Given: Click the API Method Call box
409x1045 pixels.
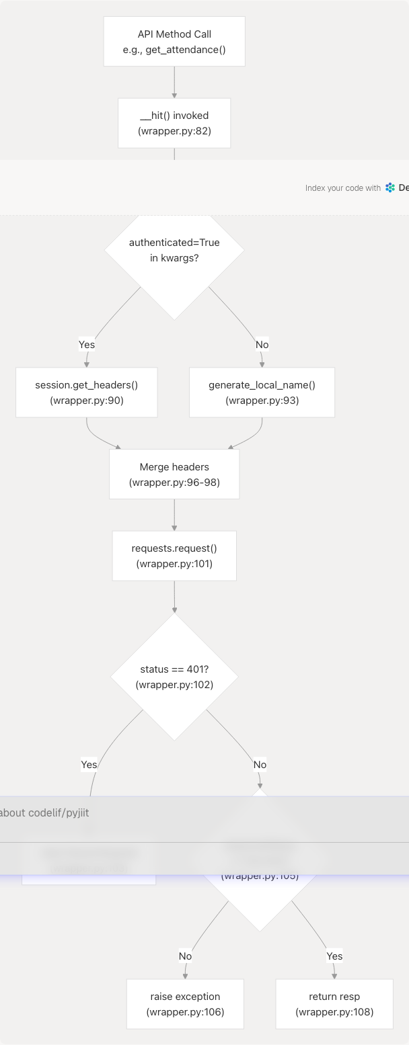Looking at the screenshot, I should point(174,42).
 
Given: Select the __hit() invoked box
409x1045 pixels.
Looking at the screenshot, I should point(174,123).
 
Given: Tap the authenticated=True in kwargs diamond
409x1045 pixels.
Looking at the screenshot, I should point(174,250).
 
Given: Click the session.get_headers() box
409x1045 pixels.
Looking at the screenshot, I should point(87,392).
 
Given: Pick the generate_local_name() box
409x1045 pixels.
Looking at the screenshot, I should point(262,392).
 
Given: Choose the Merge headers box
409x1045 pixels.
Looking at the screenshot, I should point(174,474).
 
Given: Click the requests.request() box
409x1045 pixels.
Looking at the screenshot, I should point(174,556).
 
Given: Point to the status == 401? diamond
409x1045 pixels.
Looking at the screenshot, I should point(174,677).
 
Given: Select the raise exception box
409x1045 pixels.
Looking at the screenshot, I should point(185,1004).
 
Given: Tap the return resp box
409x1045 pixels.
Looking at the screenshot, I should point(334,1004).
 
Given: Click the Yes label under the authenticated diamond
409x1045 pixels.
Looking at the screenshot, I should point(87,345).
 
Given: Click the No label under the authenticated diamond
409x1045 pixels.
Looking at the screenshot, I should point(262,345).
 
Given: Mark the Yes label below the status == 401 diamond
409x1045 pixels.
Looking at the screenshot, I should point(89,764).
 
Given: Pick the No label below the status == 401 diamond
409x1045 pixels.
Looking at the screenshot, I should point(260,764).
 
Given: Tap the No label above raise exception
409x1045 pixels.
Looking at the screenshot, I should point(185,956).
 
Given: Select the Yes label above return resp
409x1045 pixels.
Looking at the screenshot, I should point(334,956).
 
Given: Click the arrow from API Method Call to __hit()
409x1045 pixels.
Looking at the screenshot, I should point(174,83).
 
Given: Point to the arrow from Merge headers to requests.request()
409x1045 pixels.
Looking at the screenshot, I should point(174,515).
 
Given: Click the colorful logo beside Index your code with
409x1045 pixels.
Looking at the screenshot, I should point(390,188).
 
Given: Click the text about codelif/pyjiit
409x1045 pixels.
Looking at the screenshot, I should point(44,812).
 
